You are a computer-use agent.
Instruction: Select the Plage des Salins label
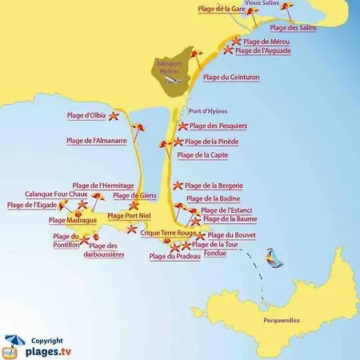pos(293,28)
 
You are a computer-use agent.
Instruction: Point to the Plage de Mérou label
pos(266,41)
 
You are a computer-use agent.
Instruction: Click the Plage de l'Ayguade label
pos(263,50)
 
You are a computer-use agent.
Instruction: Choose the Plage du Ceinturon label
pos(231,78)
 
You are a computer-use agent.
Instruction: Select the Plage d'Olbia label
pos(86,117)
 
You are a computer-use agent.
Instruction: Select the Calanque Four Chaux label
pos(55,194)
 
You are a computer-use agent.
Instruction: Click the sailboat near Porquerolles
pos(272,258)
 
